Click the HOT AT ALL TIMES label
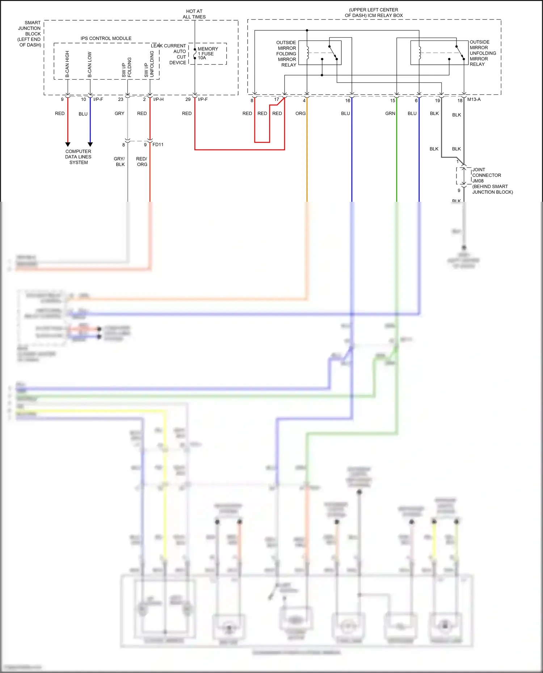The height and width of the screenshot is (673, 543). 194,14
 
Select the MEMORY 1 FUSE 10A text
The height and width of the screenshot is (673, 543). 207,53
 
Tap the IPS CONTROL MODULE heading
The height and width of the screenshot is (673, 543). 106,38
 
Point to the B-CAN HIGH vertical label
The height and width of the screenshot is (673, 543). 67,64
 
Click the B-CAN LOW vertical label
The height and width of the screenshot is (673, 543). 90,64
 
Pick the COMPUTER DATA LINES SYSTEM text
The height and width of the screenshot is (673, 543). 78,157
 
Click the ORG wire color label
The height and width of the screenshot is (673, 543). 300,114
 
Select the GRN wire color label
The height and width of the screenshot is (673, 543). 390,114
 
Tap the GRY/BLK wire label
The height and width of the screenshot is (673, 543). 119,162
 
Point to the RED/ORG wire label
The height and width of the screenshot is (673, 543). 142,162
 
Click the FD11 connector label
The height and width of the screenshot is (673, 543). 158,145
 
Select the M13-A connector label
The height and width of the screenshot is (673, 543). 474,99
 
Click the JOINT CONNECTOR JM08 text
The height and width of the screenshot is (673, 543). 487,175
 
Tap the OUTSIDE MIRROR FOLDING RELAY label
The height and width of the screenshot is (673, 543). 286,54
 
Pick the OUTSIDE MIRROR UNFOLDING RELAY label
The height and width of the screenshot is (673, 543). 483,53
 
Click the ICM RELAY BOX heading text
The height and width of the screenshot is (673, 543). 374,13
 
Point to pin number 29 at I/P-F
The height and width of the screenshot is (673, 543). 188,99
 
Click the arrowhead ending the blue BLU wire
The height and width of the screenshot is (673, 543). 90,144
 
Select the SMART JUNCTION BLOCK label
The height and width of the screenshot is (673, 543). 30,34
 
